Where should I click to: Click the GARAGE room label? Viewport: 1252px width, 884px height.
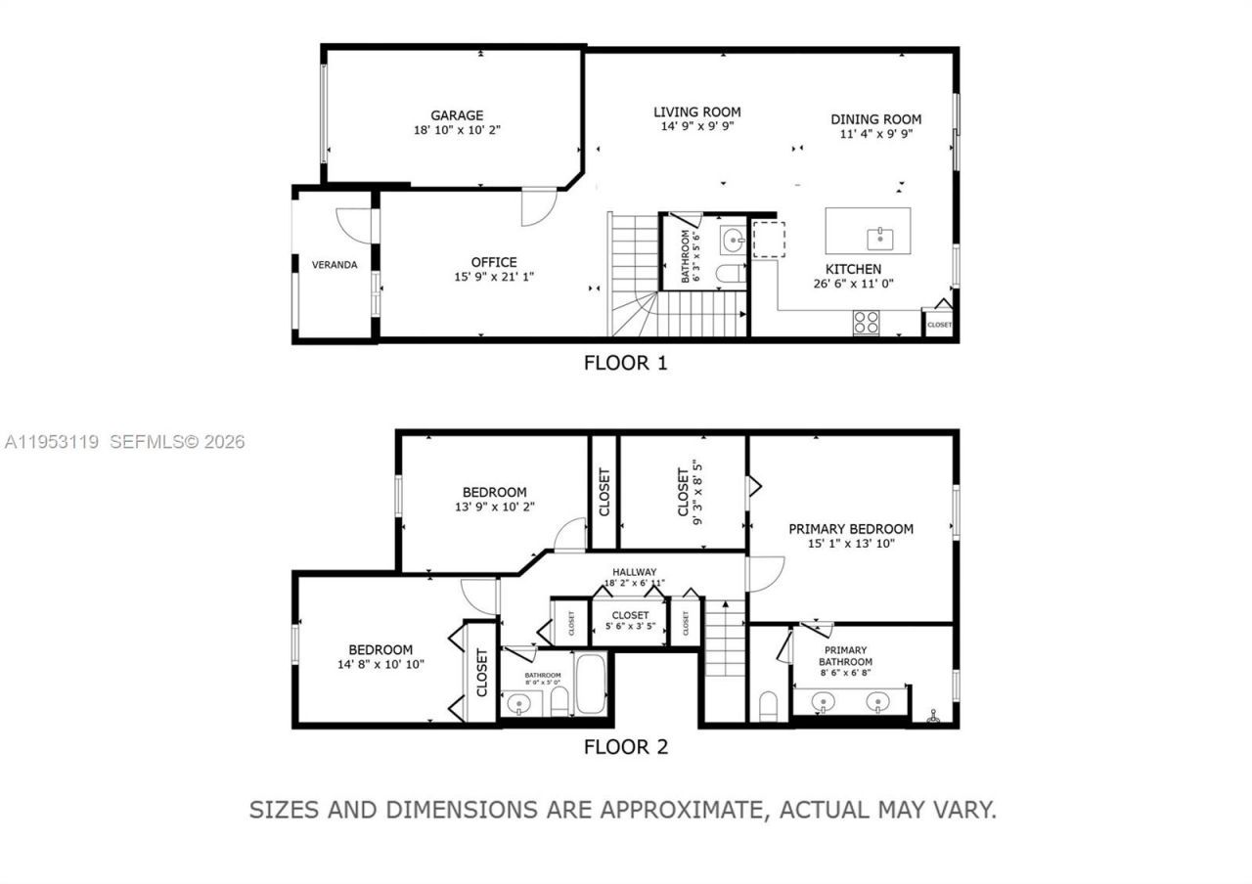click(457, 115)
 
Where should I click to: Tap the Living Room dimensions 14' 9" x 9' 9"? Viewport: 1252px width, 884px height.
click(696, 126)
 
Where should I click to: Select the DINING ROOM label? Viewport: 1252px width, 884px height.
click(875, 119)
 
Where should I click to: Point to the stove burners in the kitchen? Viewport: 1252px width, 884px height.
click(866, 322)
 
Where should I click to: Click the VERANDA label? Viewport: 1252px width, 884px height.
click(335, 265)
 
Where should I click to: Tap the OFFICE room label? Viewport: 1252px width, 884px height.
click(494, 262)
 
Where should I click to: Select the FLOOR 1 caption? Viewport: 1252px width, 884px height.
click(625, 364)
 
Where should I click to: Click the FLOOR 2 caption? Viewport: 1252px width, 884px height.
click(625, 748)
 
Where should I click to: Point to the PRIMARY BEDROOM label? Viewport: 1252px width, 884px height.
click(851, 529)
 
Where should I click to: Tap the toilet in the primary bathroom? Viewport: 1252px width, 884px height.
click(768, 705)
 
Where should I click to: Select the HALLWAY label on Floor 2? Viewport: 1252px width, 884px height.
click(635, 572)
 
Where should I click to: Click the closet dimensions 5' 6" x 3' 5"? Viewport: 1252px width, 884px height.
click(630, 626)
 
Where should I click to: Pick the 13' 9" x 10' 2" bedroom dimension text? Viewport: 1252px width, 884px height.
click(494, 507)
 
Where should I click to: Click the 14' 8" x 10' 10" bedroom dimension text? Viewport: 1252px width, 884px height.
click(380, 664)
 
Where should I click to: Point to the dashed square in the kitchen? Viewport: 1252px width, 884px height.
click(768, 240)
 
